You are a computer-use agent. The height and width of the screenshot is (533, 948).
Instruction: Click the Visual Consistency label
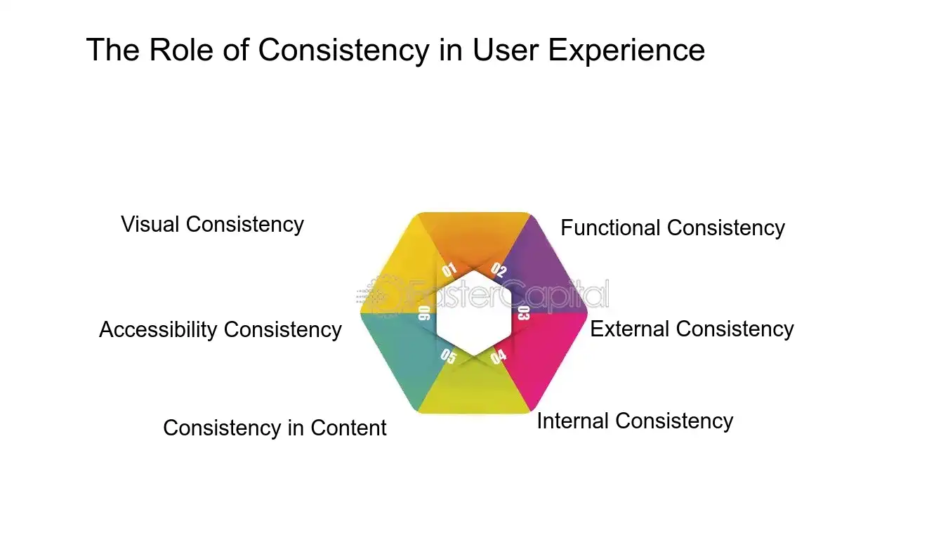[212, 225]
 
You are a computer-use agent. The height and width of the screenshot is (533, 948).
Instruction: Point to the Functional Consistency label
[672, 228]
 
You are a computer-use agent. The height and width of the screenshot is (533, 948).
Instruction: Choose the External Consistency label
[692, 329]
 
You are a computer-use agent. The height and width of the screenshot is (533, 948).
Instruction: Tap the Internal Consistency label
[635, 421]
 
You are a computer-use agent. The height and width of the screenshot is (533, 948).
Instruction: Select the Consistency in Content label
[275, 428]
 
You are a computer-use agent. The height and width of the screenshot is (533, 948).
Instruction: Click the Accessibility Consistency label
[220, 330]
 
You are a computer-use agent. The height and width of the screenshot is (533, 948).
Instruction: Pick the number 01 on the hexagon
[449, 270]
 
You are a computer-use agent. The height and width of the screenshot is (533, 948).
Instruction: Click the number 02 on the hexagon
[499, 270]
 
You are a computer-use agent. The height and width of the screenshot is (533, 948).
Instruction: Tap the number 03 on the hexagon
[523, 313]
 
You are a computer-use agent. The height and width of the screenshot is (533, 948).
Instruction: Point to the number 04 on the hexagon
[498, 357]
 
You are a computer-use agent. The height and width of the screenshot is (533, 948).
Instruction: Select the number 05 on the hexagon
[448, 357]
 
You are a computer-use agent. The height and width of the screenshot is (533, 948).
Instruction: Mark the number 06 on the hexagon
[424, 313]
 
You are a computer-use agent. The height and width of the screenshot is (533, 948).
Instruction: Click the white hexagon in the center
[473, 313]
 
